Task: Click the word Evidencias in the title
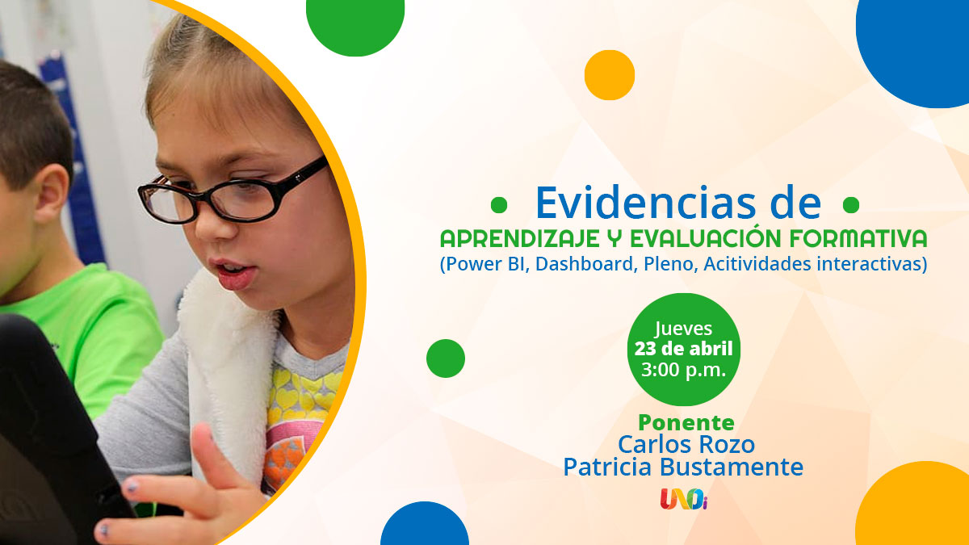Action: click(646, 203)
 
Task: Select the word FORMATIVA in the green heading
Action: click(858, 238)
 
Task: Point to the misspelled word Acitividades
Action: click(757, 264)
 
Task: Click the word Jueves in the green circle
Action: click(683, 329)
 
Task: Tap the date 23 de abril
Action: click(683, 349)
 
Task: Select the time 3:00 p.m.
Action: click(683, 370)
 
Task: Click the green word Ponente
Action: click(686, 423)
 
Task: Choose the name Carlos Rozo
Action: click(686, 445)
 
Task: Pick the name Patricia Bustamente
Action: click(683, 467)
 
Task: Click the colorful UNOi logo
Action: click(683, 499)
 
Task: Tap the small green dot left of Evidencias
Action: click(499, 205)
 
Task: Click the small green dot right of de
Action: click(851, 205)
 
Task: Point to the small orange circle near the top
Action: click(610, 75)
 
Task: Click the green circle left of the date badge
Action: click(446, 358)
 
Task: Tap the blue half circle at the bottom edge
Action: click(425, 526)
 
